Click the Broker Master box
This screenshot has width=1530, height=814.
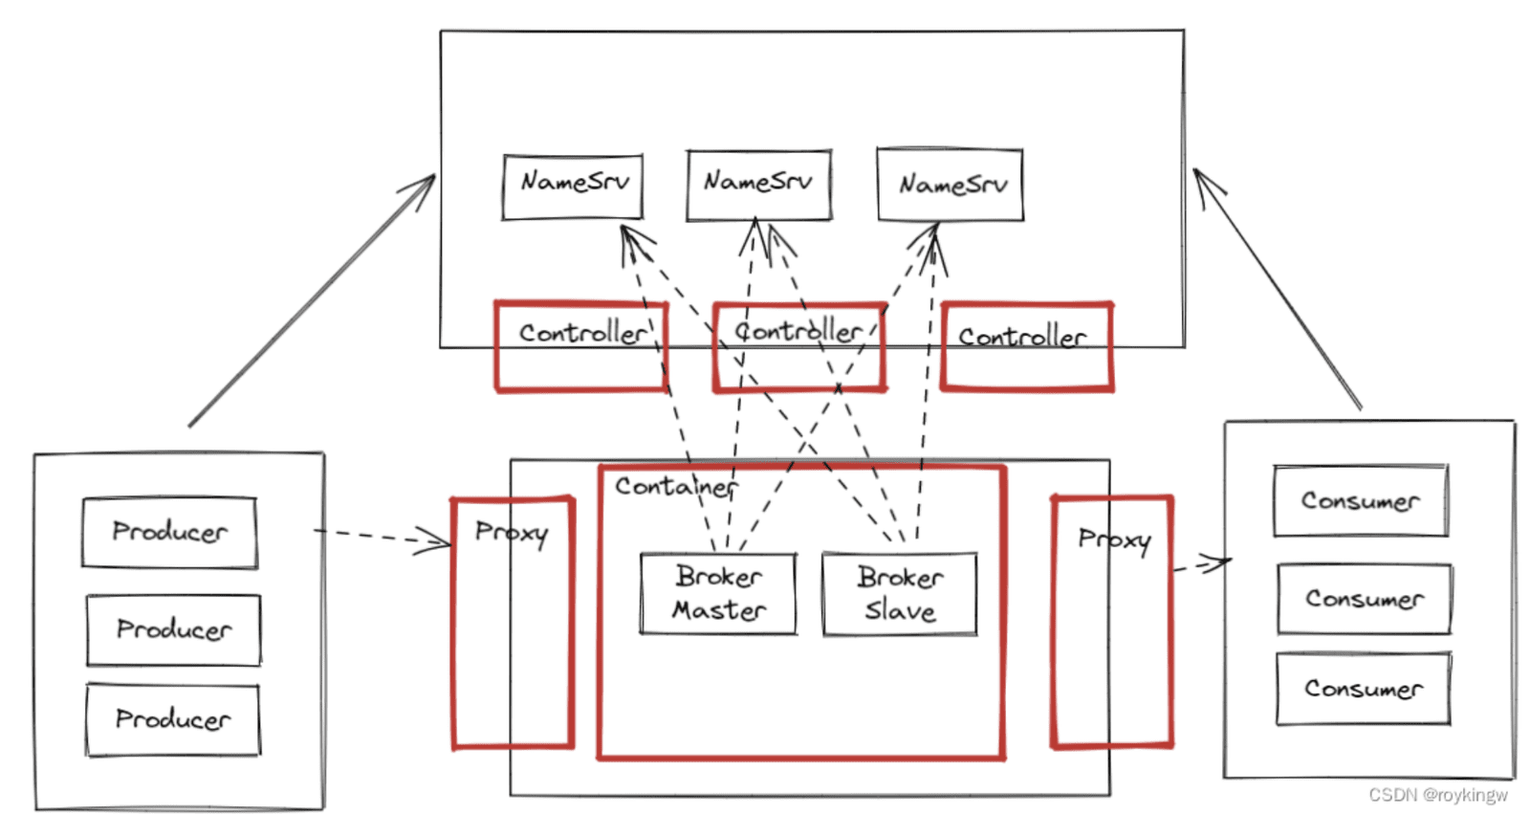coord(718,593)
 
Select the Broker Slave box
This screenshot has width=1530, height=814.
coord(900,594)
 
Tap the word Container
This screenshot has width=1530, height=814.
coord(676,487)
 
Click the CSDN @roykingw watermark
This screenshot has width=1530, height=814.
coord(1438,795)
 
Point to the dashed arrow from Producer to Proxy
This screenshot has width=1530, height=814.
coord(382,538)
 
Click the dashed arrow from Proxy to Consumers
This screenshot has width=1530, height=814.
coord(1202,564)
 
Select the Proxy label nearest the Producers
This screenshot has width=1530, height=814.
coord(512,533)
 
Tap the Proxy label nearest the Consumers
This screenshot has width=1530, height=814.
coord(1115,539)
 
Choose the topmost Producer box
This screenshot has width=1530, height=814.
coord(169,533)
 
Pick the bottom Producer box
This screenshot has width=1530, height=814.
coord(173,719)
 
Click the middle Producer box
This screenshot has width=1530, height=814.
coord(173,630)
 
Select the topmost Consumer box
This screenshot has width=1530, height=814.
coord(1361,501)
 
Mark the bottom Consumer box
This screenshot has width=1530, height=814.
coord(1364,689)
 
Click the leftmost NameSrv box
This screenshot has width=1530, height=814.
coord(573,187)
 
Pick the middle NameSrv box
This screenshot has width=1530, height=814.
coord(759,186)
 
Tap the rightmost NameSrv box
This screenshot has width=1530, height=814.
coord(951,184)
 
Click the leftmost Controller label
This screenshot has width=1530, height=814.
coord(582,333)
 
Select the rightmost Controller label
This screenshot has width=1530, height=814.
coord(1022,337)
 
